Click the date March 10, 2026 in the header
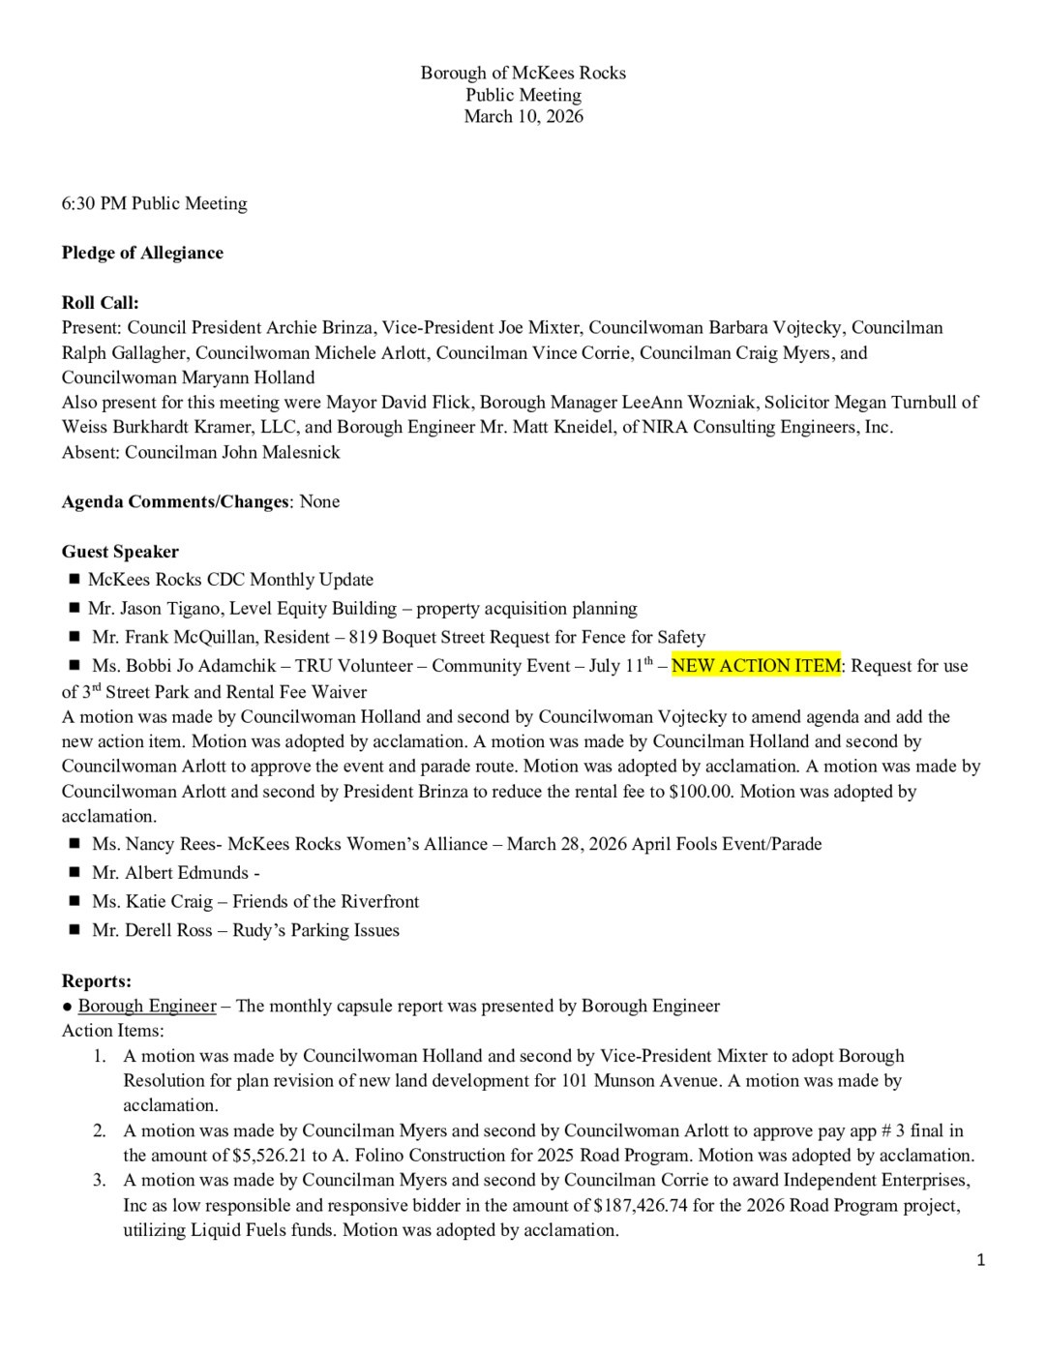point(523,116)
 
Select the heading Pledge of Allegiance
point(142,253)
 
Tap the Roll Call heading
point(101,303)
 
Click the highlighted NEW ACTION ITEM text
point(756,666)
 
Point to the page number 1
point(981,1259)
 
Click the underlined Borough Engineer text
point(147,1006)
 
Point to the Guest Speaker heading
point(120,552)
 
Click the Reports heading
point(97,981)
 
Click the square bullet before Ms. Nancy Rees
point(75,844)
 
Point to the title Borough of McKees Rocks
point(523,73)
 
